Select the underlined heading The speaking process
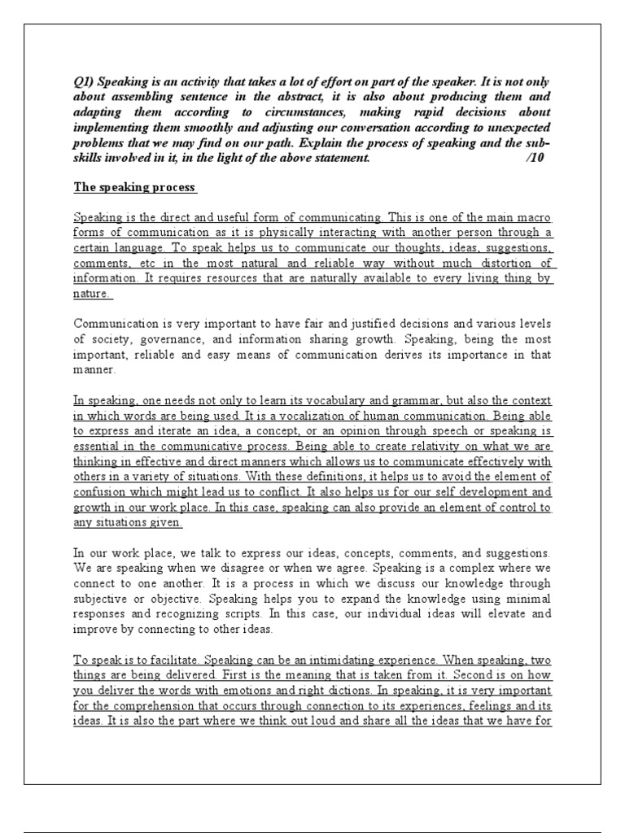click(134, 187)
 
